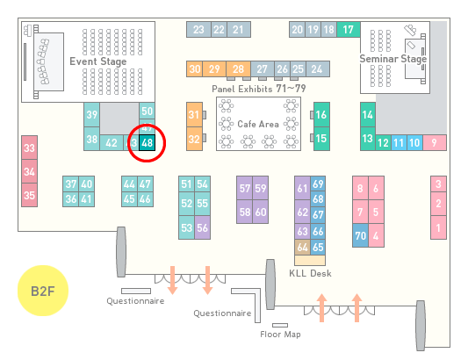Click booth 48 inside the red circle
(147, 143)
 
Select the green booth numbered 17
(349, 30)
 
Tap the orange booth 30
(194, 69)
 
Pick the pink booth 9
(435, 143)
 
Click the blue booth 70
(360, 235)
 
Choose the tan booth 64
(302, 247)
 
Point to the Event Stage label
(98, 61)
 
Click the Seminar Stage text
(392, 59)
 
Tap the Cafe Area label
(258, 124)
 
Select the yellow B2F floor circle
(43, 291)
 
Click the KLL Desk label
(310, 273)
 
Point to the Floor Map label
(280, 335)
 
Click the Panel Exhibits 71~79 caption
(259, 89)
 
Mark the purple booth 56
(202, 227)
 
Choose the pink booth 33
(29, 148)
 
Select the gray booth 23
(198, 30)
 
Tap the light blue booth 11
(399, 143)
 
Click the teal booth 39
(91, 115)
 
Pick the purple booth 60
(261, 212)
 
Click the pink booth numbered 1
(438, 227)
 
